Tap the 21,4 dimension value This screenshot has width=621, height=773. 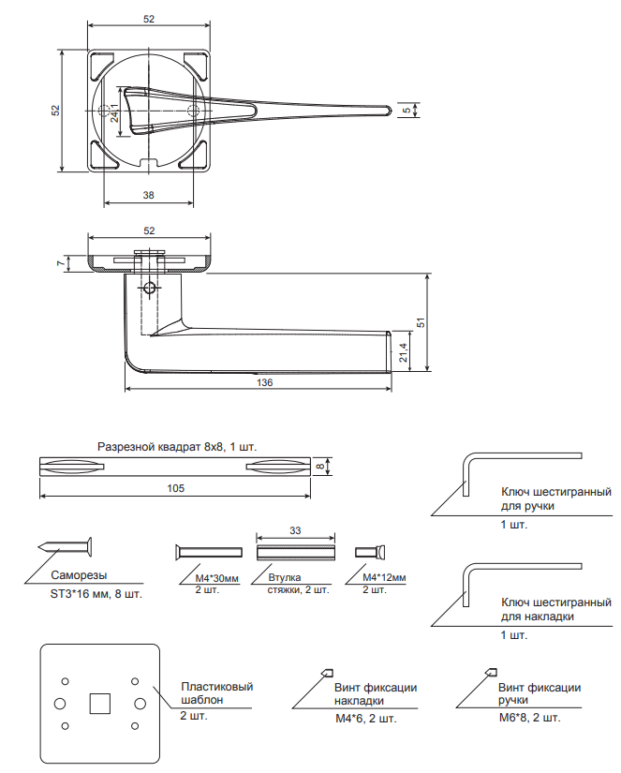point(404,351)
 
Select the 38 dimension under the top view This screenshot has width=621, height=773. point(148,195)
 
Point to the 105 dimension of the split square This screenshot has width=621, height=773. point(175,488)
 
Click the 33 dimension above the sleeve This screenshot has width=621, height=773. point(295,530)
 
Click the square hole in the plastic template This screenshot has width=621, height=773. point(99,702)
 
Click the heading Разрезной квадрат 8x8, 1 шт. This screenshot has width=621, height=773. point(177,446)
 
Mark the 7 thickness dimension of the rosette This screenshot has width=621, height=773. point(60,263)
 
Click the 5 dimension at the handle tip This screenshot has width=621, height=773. point(406,111)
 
